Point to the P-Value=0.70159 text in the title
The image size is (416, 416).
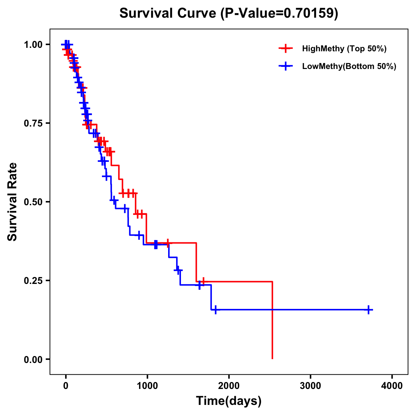point(279,14)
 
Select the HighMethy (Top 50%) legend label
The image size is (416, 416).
point(344,49)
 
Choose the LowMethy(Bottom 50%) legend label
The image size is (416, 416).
point(349,67)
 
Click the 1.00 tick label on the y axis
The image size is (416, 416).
point(33,44)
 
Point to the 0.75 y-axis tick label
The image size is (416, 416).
point(33,123)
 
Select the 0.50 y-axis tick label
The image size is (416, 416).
point(33,202)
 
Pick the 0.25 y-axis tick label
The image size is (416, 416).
point(33,280)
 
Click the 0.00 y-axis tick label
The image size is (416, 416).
point(33,359)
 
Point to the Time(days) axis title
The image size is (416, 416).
point(229,401)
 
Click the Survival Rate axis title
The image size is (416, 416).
point(12,202)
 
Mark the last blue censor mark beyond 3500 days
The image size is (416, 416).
point(369,310)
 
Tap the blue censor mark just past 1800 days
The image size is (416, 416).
point(216,310)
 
